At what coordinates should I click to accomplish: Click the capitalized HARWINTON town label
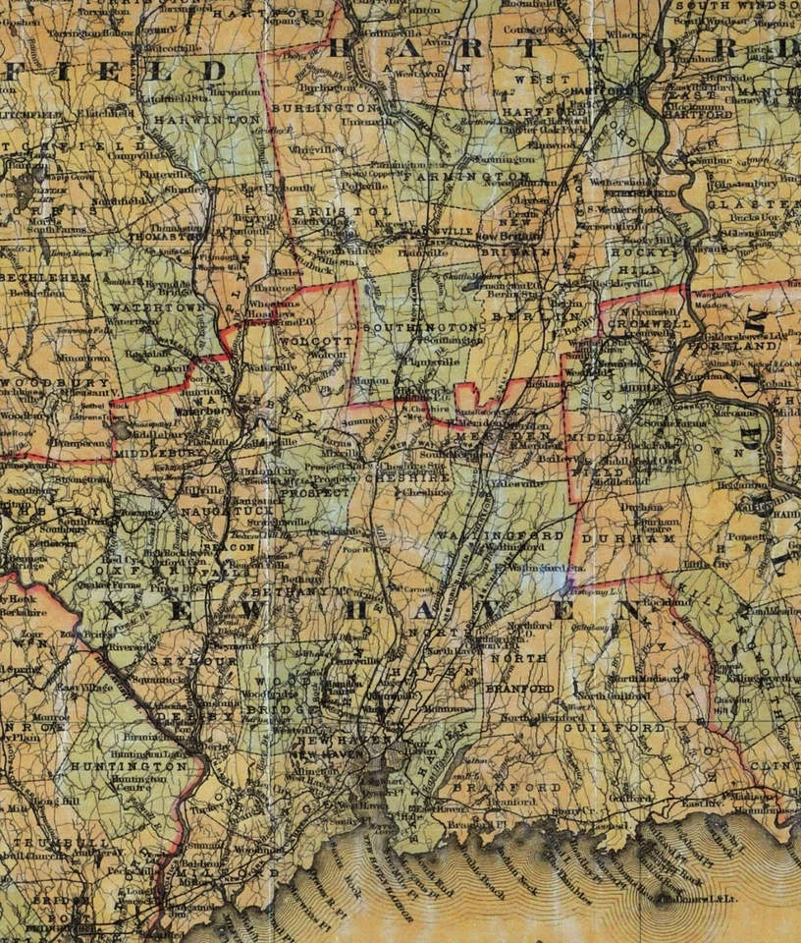point(196,118)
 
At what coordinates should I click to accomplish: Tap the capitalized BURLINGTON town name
point(324,106)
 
